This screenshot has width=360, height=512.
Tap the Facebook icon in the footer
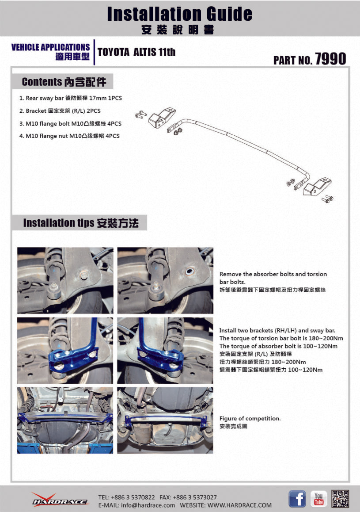tap(297, 499)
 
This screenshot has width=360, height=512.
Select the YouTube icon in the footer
tap(318, 499)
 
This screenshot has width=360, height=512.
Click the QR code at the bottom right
tap(340, 499)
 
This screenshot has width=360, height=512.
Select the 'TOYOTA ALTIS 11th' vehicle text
tap(136, 52)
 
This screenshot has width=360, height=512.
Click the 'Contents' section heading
tap(42, 82)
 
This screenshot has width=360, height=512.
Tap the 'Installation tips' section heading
tap(59, 223)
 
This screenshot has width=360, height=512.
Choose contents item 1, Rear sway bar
tap(70, 98)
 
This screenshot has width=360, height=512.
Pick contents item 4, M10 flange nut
tap(69, 136)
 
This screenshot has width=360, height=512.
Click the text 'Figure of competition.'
tap(250, 418)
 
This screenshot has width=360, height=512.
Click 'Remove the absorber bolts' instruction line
tap(273, 274)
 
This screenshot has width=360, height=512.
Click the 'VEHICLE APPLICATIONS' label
tap(50, 47)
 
